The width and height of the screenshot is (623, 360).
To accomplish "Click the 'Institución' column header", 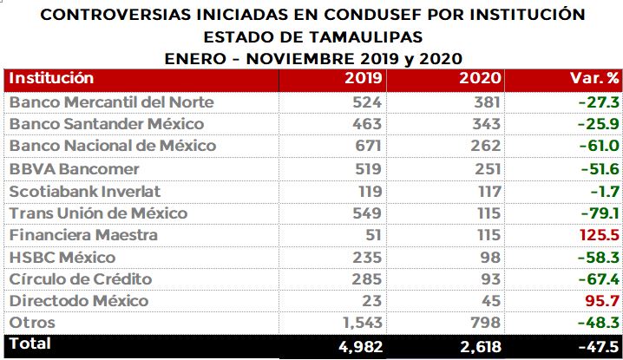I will pyautogui.click(x=51, y=78).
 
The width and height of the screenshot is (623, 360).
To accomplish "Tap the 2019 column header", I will pyautogui.click(x=364, y=78).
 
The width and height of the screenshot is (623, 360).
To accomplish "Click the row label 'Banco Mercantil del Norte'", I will pyautogui.click(x=99, y=102).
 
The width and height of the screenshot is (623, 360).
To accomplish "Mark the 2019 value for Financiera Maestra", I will pyautogui.click(x=374, y=235).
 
